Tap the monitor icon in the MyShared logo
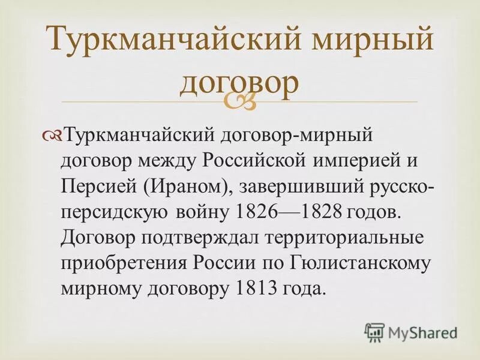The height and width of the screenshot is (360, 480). tap(374, 331)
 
